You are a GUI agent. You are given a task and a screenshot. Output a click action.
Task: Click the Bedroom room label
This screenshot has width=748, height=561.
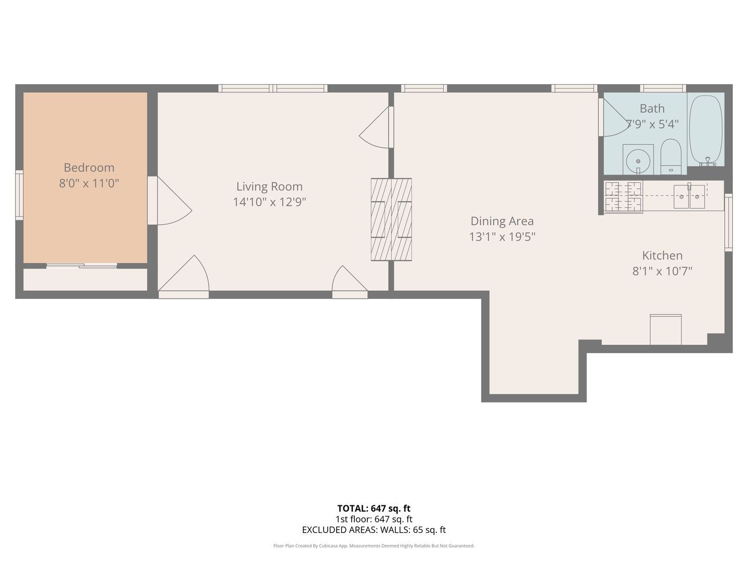pyautogui.click(x=89, y=168)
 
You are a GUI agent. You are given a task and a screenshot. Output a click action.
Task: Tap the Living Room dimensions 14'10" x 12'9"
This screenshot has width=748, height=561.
pyautogui.click(x=269, y=202)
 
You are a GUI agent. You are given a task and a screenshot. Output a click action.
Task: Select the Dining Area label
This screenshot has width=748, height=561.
pyautogui.click(x=502, y=221)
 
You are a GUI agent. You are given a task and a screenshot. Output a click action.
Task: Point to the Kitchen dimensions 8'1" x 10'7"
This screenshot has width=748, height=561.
pyautogui.click(x=662, y=271)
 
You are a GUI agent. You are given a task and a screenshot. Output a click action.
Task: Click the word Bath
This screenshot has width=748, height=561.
pyautogui.click(x=652, y=109)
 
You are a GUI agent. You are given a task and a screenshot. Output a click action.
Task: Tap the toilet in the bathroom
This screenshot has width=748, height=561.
pyautogui.click(x=671, y=156)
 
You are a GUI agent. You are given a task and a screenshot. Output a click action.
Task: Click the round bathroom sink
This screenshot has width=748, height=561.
pyautogui.click(x=638, y=161)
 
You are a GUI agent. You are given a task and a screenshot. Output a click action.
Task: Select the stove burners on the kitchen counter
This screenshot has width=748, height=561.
pyautogui.click(x=623, y=197)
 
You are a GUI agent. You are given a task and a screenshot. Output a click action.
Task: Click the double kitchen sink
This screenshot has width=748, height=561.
pyautogui.click(x=689, y=196)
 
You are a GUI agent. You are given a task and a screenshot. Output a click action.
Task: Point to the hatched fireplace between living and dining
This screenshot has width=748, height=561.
pyautogui.click(x=391, y=219)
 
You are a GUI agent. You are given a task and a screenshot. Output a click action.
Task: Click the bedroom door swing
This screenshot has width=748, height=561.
pyautogui.click(x=169, y=201)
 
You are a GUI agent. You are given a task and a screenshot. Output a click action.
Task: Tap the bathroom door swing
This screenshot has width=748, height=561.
pyautogui.click(x=615, y=117)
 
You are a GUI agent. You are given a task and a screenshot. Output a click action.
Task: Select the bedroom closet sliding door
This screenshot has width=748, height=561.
pyautogui.click(x=82, y=265)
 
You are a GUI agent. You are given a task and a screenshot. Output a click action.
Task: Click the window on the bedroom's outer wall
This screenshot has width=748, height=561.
pyautogui.click(x=19, y=195)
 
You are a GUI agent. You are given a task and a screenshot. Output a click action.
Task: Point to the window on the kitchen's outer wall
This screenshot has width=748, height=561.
pyautogui.click(x=728, y=222)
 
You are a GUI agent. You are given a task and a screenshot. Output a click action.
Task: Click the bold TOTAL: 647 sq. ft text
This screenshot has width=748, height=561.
pyautogui.click(x=374, y=509)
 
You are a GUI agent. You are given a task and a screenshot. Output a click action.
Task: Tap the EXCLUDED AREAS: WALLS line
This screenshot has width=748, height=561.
pyautogui.click(x=374, y=530)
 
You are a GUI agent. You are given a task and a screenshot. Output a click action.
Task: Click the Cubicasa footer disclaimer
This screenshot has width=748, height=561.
pyautogui.click(x=374, y=545)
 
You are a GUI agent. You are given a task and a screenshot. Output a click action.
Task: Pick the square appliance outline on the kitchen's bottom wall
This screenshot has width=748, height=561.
pyautogui.click(x=665, y=329)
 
